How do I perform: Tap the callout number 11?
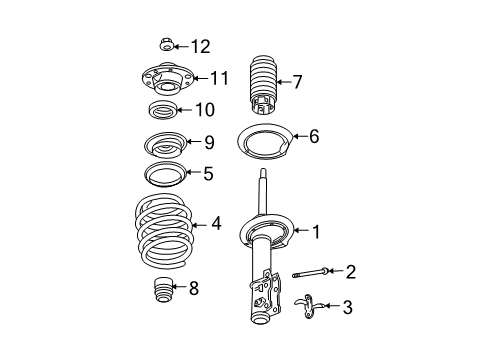pos(218,77)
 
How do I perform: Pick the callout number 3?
pos(347,308)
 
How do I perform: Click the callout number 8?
pos(193,289)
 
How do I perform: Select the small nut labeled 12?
pos(167,44)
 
